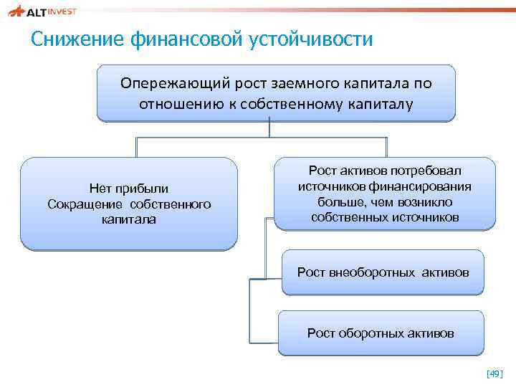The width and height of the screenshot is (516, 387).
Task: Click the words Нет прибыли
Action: (x=129, y=188)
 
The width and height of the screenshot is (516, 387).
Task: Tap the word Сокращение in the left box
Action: (x=88, y=204)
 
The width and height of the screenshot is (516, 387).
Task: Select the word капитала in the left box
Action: (x=129, y=219)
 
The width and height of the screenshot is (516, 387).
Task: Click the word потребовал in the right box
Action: (x=427, y=171)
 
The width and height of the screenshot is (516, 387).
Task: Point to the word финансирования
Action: (x=425, y=186)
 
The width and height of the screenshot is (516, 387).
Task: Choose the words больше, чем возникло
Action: (x=385, y=201)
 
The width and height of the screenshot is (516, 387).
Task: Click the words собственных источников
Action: (x=385, y=216)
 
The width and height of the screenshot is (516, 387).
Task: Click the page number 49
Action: (x=494, y=373)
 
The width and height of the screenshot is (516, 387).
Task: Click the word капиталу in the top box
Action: (x=383, y=104)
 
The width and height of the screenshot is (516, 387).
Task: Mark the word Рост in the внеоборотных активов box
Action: (x=312, y=272)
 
